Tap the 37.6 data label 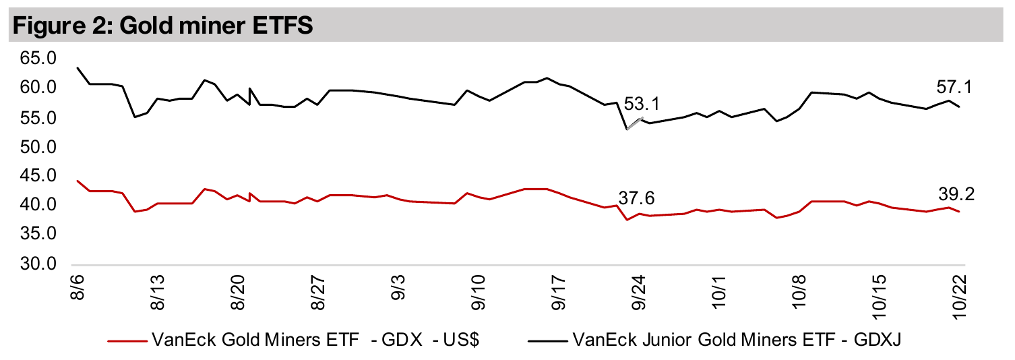[636, 198]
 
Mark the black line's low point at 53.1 [627, 129]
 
